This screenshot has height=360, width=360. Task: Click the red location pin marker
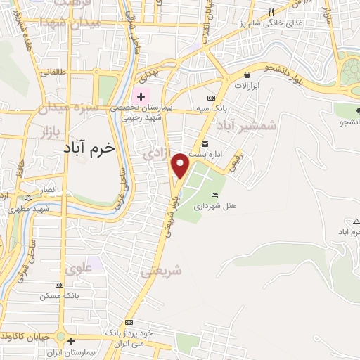pyautogui.click(x=181, y=165)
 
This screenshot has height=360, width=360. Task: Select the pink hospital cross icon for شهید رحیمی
pyautogui.click(x=141, y=96)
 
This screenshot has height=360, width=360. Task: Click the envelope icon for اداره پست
pyautogui.click(x=205, y=143)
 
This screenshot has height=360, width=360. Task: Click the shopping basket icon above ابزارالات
pyautogui.click(x=247, y=75)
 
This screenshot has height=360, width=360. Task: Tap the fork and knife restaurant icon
pyautogui.click(x=271, y=12)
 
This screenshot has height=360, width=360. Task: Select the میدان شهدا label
pyautogui.click(x=78, y=22)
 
